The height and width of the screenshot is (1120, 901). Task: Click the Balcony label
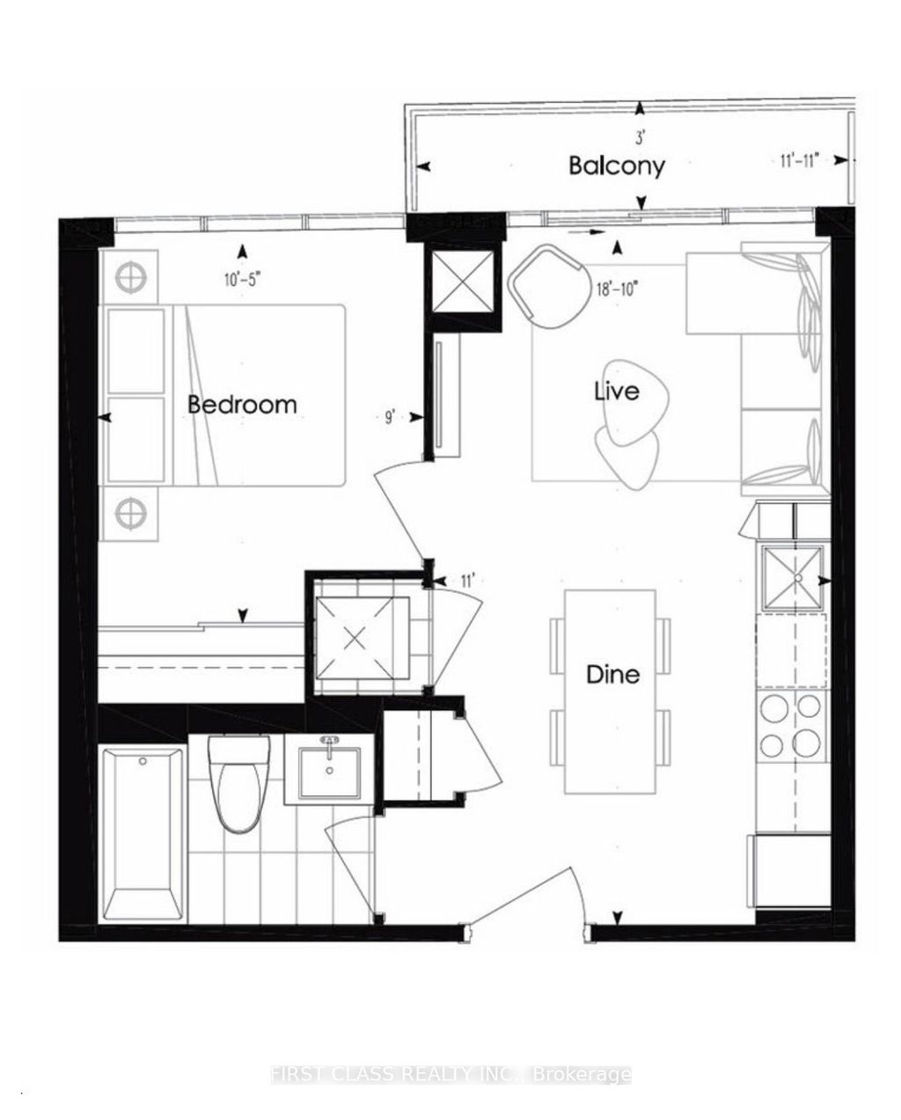(616, 165)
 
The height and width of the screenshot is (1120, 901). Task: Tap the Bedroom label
(242, 405)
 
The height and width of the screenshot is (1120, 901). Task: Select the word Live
(616, 391)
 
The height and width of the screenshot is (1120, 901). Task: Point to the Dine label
(613, 675)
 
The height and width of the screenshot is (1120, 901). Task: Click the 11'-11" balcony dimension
(801, 160)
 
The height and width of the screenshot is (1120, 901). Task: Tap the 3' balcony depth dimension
(641, 137)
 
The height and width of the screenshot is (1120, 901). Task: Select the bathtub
(144, 831)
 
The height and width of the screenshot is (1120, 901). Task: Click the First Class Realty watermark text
(450, 1074)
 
